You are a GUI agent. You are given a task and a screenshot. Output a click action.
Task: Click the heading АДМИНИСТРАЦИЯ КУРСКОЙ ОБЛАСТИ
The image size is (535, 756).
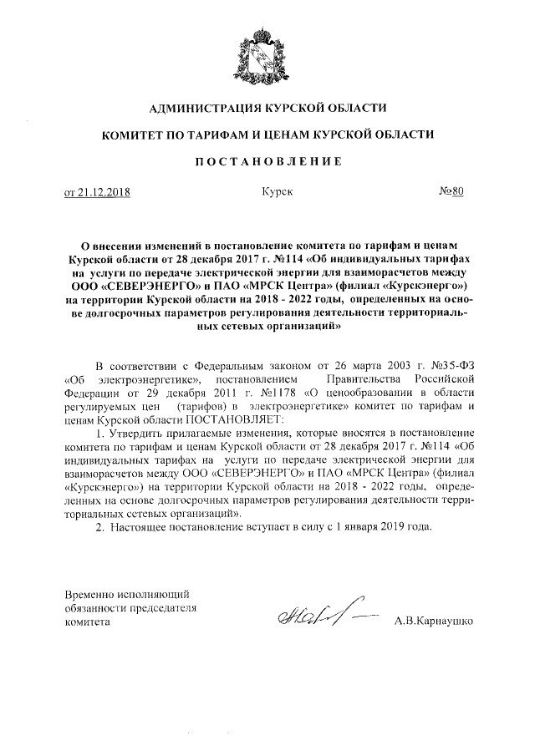coord(267,108)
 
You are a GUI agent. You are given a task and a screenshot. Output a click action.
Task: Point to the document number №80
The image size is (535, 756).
coord(451,191)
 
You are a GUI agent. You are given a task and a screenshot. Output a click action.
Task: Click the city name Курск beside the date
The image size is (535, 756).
coord(276,192)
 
